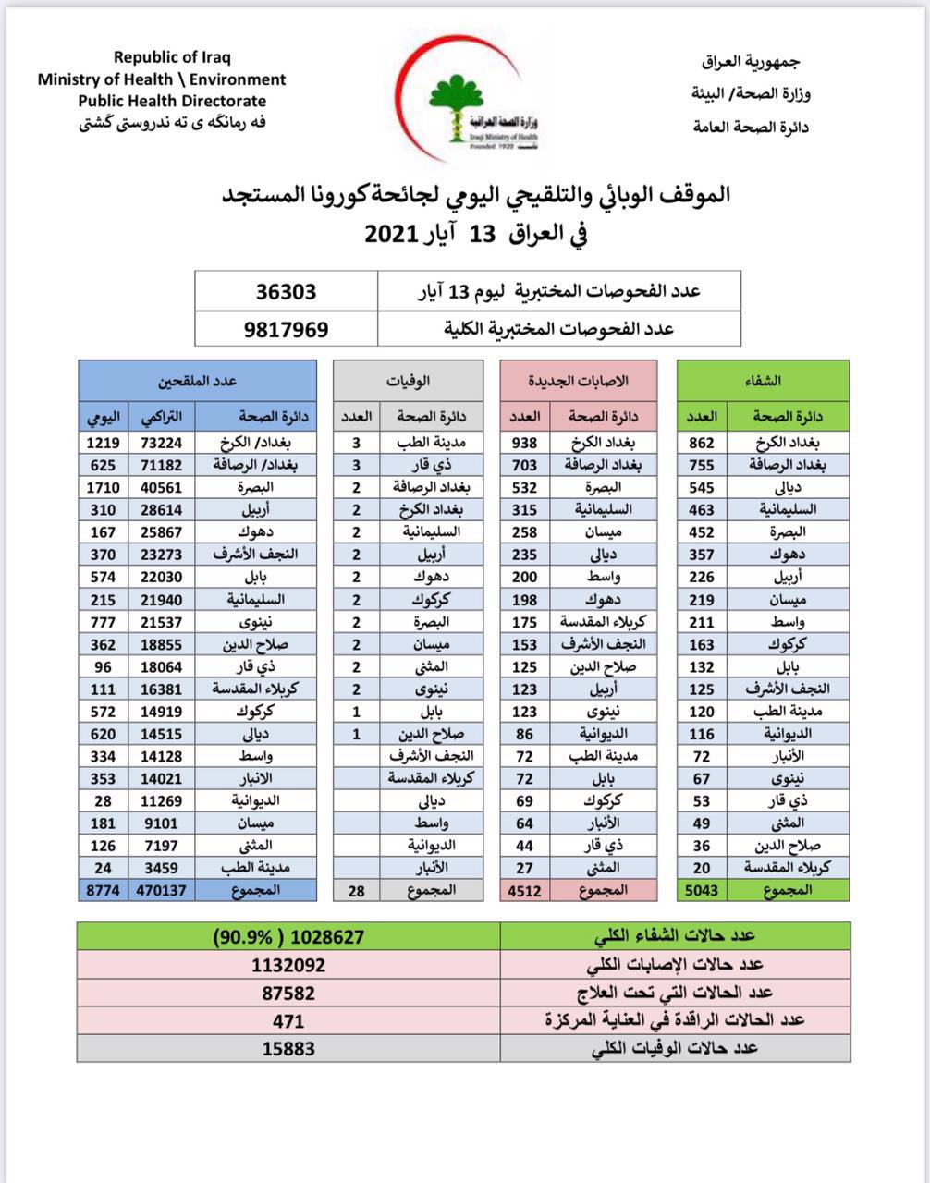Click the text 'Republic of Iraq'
point(172,57)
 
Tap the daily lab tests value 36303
point(286,292)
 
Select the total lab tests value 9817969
point(286,329)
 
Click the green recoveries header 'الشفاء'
point(763,381)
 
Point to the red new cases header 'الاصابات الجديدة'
point(578,381)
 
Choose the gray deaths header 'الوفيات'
point(408,381)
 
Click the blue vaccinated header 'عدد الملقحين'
point(197,381)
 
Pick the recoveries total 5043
point(702,891)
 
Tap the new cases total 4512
point(525,891)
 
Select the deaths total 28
point(356,891)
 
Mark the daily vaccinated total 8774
point(101,891)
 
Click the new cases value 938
point(525,443)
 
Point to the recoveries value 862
point(702,443)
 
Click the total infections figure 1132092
point(288,965)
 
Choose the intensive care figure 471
point(288,1020)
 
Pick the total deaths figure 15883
point(288,1049)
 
